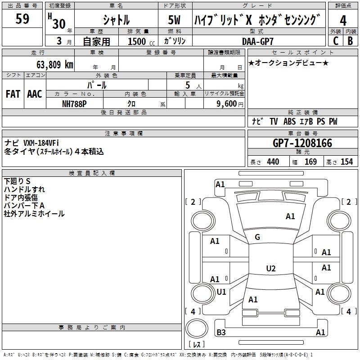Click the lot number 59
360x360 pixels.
(22, 19)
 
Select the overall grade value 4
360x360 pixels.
(343, 20)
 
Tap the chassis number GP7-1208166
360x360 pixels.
(302, 143)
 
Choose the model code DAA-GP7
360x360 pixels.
(258, 41)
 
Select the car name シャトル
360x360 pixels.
(116, 20)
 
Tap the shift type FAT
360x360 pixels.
(13, 94)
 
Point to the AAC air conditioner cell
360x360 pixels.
(34, 94)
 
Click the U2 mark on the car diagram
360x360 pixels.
(270, 269)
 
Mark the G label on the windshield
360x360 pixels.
(257, 237)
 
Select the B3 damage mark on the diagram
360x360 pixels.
(221, 333)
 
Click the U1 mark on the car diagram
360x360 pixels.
(221, 292)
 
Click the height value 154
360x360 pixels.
(346, 162)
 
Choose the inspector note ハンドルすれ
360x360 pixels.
(24, 189)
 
